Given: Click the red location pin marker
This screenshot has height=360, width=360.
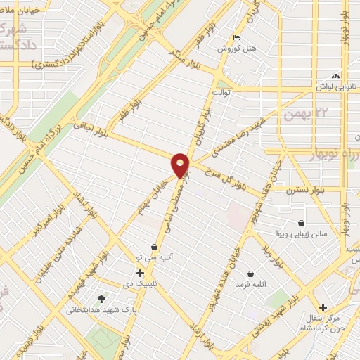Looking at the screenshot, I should (x=181, y=165).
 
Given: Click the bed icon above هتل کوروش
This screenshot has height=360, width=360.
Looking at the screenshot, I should (x=236, y=38).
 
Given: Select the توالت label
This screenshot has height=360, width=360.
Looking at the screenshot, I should (x=221, y=91).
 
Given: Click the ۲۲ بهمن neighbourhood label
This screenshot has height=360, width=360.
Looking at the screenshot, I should (x=304, y=112).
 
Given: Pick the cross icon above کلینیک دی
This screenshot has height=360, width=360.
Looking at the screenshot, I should (x=140, y=272).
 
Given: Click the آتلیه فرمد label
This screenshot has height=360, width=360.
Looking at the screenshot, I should (x=251, y=284).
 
